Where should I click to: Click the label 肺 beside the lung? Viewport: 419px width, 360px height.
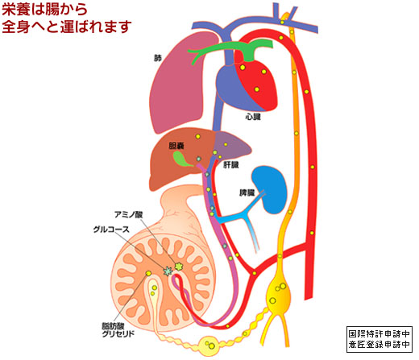click(x=158, y=58)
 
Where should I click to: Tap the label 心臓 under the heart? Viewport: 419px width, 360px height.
click(x=253, y=117)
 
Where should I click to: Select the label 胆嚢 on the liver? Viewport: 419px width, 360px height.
click(x=176, y=146)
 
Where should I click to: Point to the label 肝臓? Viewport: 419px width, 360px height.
click(x=231, y=164)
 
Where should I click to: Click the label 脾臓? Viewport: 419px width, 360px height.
click(x=247, y=192)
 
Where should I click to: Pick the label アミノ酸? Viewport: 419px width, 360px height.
click(x=129, y=214)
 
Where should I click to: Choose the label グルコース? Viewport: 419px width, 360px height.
click(x=111, y=230)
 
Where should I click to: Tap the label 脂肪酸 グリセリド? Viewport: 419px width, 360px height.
click(x=118, y=330)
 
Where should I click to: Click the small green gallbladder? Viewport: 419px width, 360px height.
click(x=181, y=159)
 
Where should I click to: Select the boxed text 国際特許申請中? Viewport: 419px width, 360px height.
click(x=380, y=334)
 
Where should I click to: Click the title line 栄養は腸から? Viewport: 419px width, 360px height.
click(x=44, y=10)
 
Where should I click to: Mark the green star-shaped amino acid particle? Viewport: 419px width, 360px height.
click(x=179, y=267)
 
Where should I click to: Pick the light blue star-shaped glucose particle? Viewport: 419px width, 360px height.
click(x=168, y=271)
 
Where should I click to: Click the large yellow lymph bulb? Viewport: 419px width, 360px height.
click(x=279, y=294)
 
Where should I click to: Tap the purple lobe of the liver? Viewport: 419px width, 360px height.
click(x=231, y=147)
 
